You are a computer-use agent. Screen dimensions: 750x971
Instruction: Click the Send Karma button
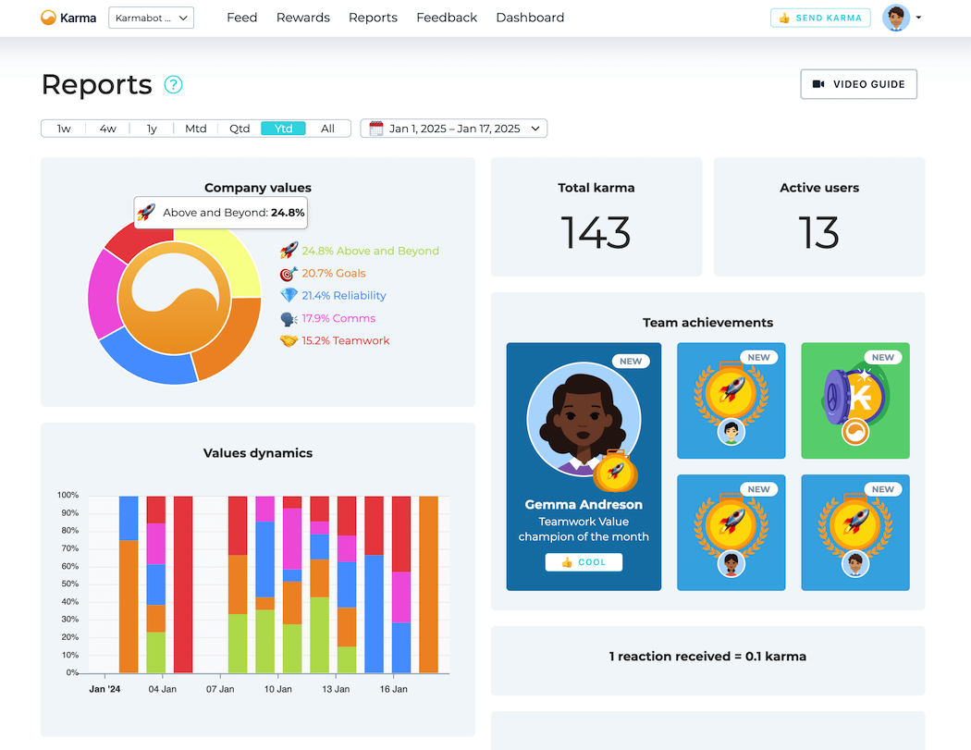coord(819,18)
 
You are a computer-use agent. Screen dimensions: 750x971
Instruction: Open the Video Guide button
coord(858,84)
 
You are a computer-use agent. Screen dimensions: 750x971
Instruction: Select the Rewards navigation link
coord(303,18)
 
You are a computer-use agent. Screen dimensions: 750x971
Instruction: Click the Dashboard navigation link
coord(530,18)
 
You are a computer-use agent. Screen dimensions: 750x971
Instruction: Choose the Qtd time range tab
coord(240,129)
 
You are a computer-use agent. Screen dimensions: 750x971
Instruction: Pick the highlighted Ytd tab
coord(283,129)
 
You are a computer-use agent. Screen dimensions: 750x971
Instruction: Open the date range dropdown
coord(454,129)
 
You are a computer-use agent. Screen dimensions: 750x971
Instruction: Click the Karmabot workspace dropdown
coord(151,18)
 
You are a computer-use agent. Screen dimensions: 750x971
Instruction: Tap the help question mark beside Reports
coord(173,85)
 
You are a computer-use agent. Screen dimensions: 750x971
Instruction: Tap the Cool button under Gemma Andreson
coord(584,562)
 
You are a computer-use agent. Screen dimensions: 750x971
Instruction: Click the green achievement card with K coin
coord(854,400)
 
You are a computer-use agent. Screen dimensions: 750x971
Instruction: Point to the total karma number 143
coord(596,233)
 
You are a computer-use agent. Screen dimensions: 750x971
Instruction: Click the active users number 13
coord(818,233)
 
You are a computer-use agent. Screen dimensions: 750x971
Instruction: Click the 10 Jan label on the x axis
coord(278,689)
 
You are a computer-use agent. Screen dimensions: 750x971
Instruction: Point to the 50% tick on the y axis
coord(68,584)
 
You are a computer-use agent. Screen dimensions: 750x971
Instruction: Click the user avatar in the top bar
coord(896,18)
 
